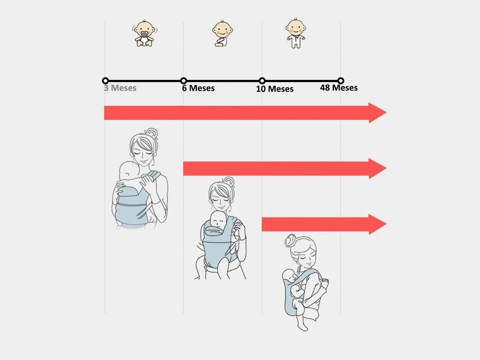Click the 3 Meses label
[x=120, y=88]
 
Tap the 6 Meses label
[x=198, y=88]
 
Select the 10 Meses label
[x=275, y=89]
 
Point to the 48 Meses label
[x=339, y=88]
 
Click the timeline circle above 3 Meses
[x=106, y=81]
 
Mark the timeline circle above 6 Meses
[x=184, y=81]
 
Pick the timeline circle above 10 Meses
[x=262, y=81]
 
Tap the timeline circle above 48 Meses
[x=341, y=81]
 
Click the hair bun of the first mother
[x=152, y=133]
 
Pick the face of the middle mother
[x=221, y=198]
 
